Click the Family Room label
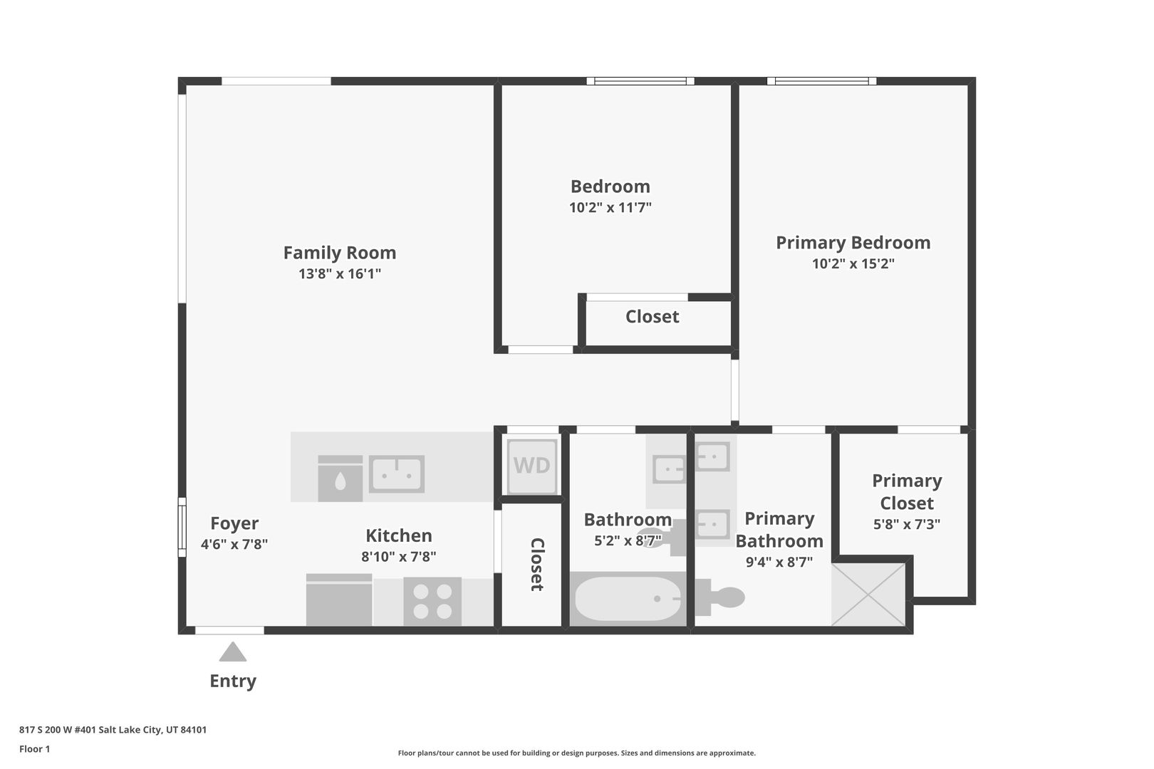pyautogui.click(x=340, y=253)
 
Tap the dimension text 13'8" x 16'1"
pyautogui.click(x=340, y=273)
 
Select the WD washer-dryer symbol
pyautogui.click(x=531, y=466)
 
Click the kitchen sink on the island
pyautogui.click(x=396, y=474)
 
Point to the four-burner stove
pyautogui.click(x=432, y=602)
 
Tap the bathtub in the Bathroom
pyautogui.click(x=628, y=599)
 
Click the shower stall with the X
pyautogui.click(x=868, y=595)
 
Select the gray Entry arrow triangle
pyautogui.click(x=233, y=652)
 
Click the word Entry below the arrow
pyautogui.click(x=233, y=681)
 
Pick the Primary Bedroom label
pyautogui.click(x=853, y=243)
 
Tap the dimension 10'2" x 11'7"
pyautogui.click(x=610, y=208)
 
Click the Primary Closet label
pyautogui.click(x=907, y=492)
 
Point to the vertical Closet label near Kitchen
pyautogui.click(x=537, y=565)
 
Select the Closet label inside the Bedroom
pyautogui.click(x=653, y=316)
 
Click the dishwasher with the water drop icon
pyautogui.click(x=340, y=478)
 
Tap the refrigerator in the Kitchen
pyautogui.click(x=339, y=600)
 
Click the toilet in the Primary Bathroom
pyautogui.click(x=719, y=597)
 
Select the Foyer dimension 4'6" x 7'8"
pyautogui.click(x=234, y=545)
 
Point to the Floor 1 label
pyautogui.click(x=34, y=749)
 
